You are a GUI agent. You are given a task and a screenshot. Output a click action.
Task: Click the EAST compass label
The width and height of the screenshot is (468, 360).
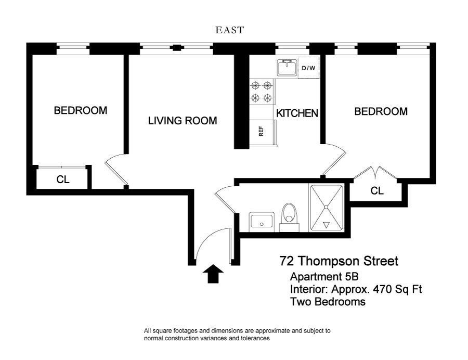pos(229,30)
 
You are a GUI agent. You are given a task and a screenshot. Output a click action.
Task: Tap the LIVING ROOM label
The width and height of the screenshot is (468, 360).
pos(183,121)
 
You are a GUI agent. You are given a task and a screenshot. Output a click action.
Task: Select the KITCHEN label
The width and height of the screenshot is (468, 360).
pos(297,113)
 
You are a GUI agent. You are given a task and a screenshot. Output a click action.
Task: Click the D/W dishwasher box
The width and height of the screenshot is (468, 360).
pos(308,68)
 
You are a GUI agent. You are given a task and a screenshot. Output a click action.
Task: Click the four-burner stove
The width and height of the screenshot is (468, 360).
pos(262,92)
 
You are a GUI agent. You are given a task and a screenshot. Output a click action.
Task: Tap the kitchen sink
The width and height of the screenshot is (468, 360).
pos(287,68)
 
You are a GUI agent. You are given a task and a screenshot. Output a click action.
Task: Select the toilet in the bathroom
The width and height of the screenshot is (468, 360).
pos(289,217)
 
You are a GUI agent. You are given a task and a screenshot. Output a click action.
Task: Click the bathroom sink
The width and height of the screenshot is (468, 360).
pos(262,222)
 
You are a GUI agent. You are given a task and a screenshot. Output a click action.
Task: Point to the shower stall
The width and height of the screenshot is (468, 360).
pos(326,208)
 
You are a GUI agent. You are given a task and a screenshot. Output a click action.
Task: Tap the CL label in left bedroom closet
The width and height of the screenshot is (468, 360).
pos(63,179)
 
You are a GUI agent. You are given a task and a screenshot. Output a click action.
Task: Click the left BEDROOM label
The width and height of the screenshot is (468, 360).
pos(80,110)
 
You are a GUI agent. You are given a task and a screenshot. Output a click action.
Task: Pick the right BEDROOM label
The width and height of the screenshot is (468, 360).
pos(381,111)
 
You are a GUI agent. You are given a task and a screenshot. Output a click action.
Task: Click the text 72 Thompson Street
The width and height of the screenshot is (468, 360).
pos(339,261)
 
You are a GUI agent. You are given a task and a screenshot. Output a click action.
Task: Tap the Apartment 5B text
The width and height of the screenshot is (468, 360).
pos(324,277)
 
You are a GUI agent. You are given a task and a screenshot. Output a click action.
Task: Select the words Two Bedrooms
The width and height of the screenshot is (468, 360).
pos(328,302)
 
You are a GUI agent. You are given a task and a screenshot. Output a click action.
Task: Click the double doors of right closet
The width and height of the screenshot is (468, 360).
pos(375,173)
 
